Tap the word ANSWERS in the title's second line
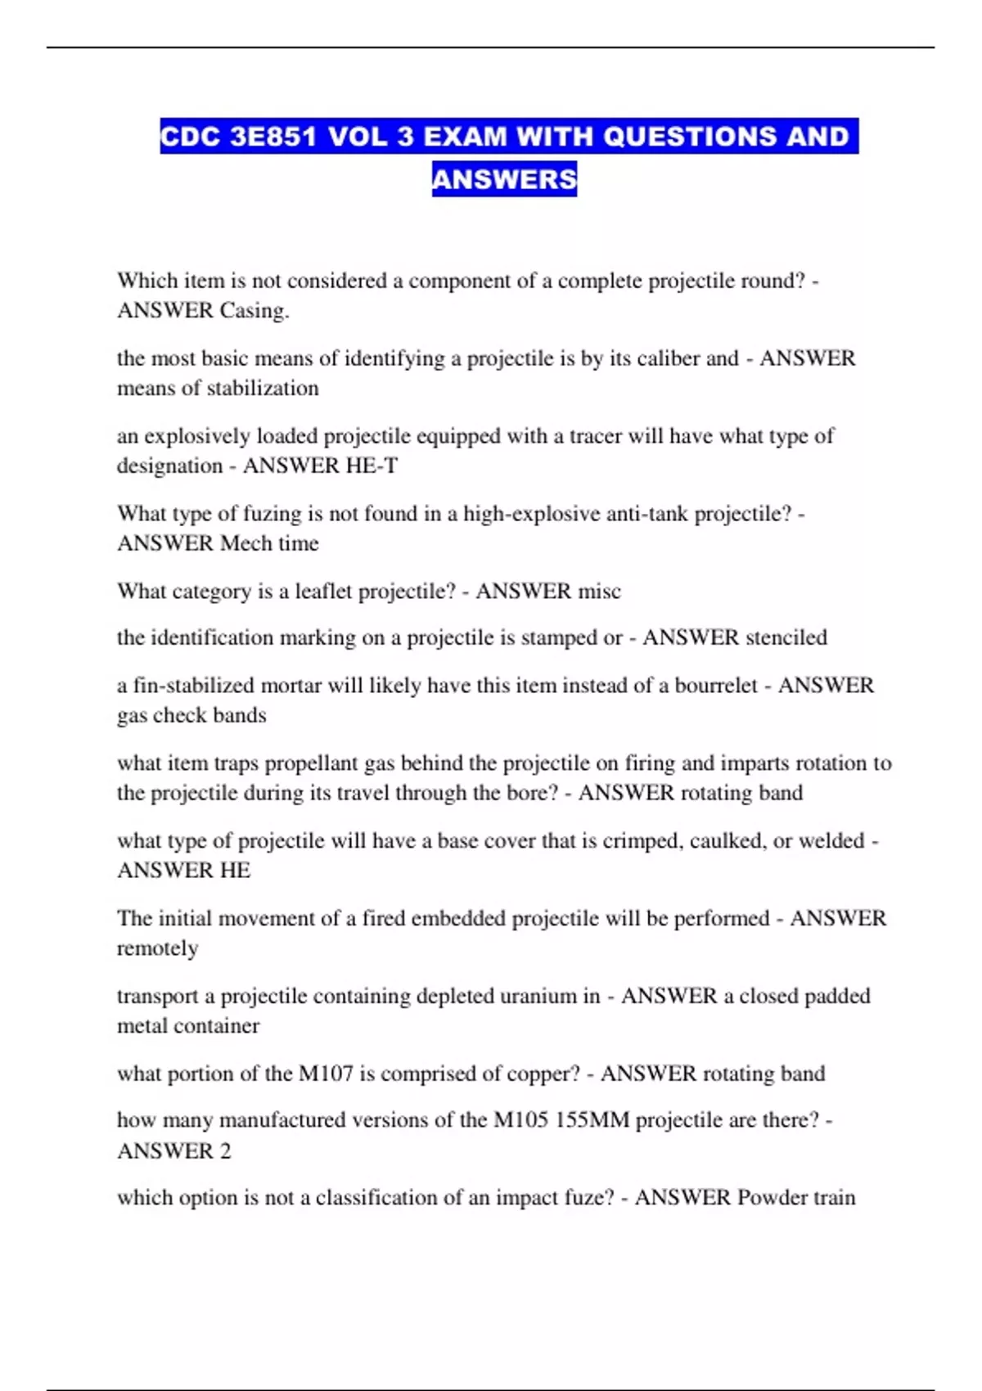[x=504, y=178]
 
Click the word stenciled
[x=777, y=637]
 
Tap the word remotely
[x=157, y=948]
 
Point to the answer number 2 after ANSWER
[x=225, y=1151]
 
